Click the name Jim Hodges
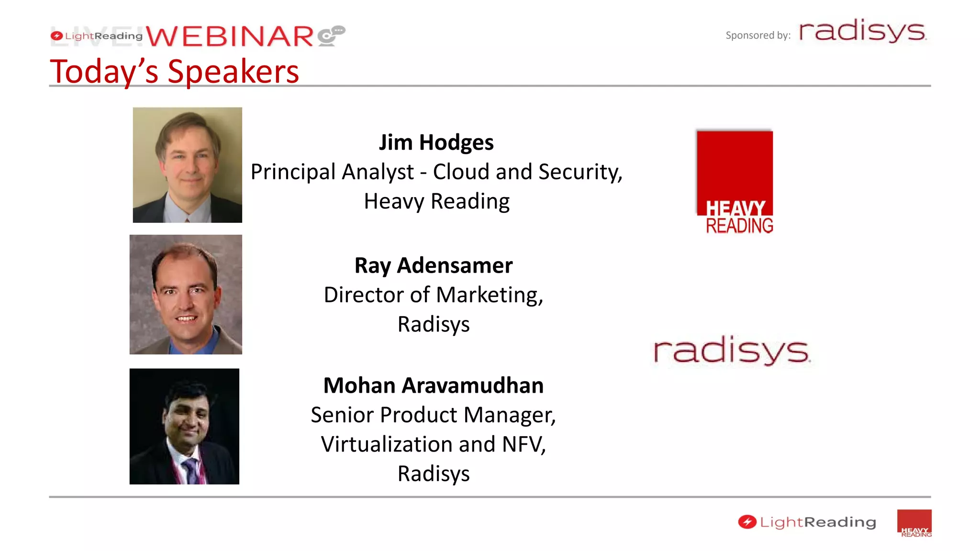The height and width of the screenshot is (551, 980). [x=436, y=143]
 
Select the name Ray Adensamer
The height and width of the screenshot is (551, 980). [x=433, y=265]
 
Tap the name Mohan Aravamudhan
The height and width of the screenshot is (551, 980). [x=433, y=386]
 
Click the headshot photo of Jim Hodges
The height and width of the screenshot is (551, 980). [x=187, y=165]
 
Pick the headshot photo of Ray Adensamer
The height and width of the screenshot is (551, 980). [x=186, y=294]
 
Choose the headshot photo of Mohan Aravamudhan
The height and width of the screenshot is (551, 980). [x=184, y=426]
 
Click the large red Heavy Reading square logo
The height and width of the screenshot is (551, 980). [x=735, y=182]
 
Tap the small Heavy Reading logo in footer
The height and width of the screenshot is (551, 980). [x=914, y=523]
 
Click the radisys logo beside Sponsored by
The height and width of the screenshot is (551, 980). [x=862, y=32]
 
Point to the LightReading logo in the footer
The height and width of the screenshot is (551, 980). [x=807, y=522]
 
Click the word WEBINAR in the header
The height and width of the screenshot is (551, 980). [x=230, y=37]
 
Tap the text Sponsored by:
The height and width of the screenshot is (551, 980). [x=757, y=35]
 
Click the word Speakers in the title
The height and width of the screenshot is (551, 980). [x=233, y=72]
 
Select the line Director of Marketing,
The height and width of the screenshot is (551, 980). [x=433, y=295]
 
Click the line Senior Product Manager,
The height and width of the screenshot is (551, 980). [x=433, y=415]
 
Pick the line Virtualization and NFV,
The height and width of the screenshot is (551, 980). [x=433, y=444]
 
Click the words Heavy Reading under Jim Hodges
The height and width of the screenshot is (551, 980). [x=436, y=201]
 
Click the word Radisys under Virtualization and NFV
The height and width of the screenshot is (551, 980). [x=433, y=474]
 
